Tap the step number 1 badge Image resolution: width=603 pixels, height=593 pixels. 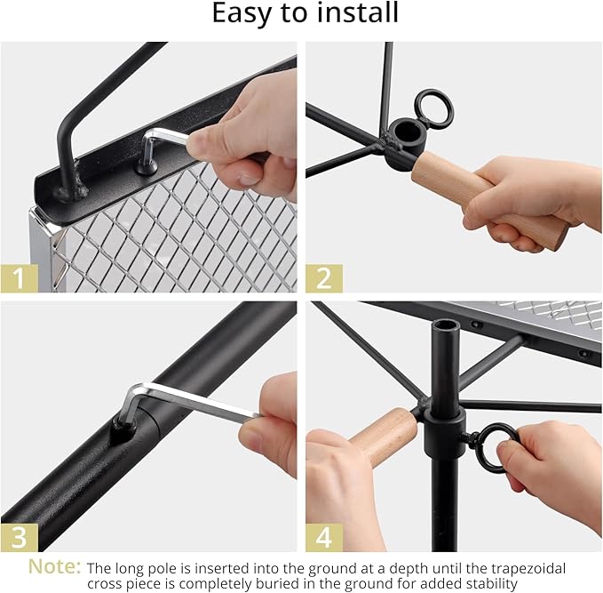click(x=19, y=277)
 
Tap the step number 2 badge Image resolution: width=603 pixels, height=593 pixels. click(x=324, y=277)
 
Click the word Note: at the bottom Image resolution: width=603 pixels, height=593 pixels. click(x=54, y=567)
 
